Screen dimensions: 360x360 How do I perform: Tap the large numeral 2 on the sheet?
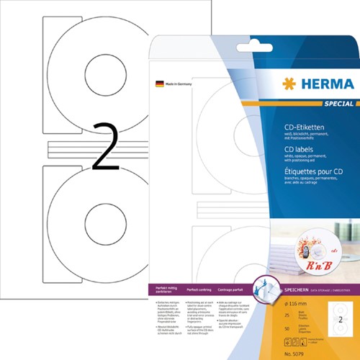point(106,147)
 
